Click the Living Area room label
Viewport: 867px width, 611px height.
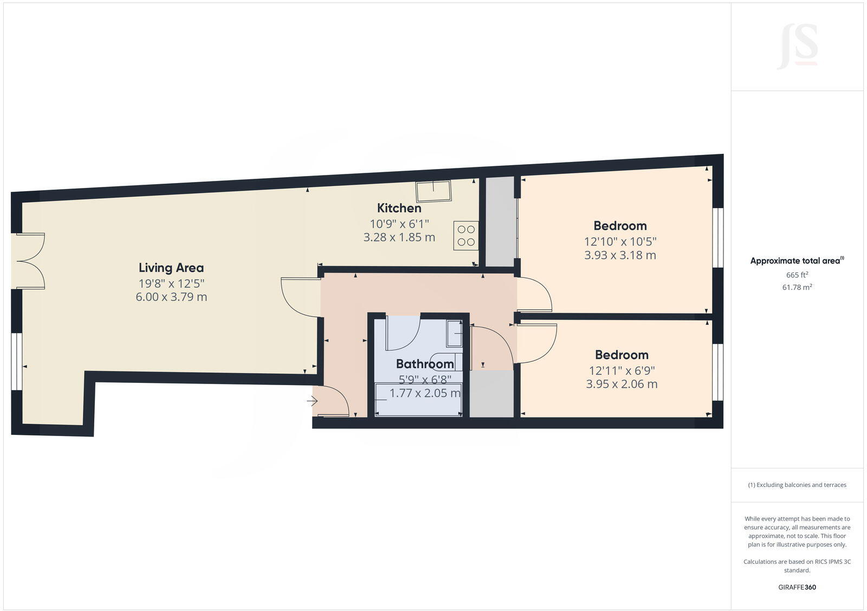coord(171,268)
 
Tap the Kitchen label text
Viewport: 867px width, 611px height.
coord(399,208)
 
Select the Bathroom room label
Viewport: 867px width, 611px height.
coord(425,364)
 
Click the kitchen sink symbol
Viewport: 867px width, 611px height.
coord(433,191)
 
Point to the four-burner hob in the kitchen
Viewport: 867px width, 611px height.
coord(466,236)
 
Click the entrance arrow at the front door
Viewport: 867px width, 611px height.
coord(312,401)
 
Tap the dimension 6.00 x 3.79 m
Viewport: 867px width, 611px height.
coord(171,297)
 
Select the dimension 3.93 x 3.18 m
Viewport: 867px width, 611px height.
coord(620,255)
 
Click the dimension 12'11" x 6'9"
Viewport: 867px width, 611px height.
coord(622,371)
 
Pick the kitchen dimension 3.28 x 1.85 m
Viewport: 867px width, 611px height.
coord(399,237)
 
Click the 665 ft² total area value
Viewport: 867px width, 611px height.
coord(797,275)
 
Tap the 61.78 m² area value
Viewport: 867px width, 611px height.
coord(797,287)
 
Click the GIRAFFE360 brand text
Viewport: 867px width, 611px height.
coord(797,587)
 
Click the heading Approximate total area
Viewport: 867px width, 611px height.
coord(795,261)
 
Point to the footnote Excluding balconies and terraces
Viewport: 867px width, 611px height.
coord(797,485)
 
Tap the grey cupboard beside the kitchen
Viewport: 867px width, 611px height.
coord(499,222)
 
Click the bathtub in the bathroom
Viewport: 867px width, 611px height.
coord(418,399)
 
